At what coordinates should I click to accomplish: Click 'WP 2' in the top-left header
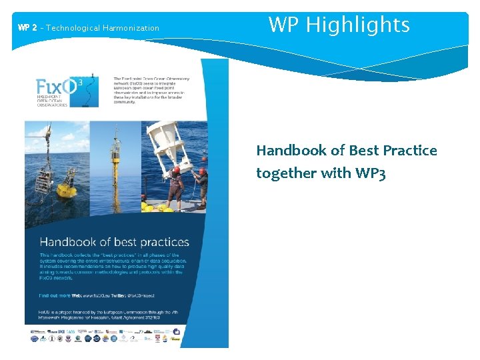27,28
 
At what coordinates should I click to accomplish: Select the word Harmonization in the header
131,28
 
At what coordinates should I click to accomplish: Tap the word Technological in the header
73,28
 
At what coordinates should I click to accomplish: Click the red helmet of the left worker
175,169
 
